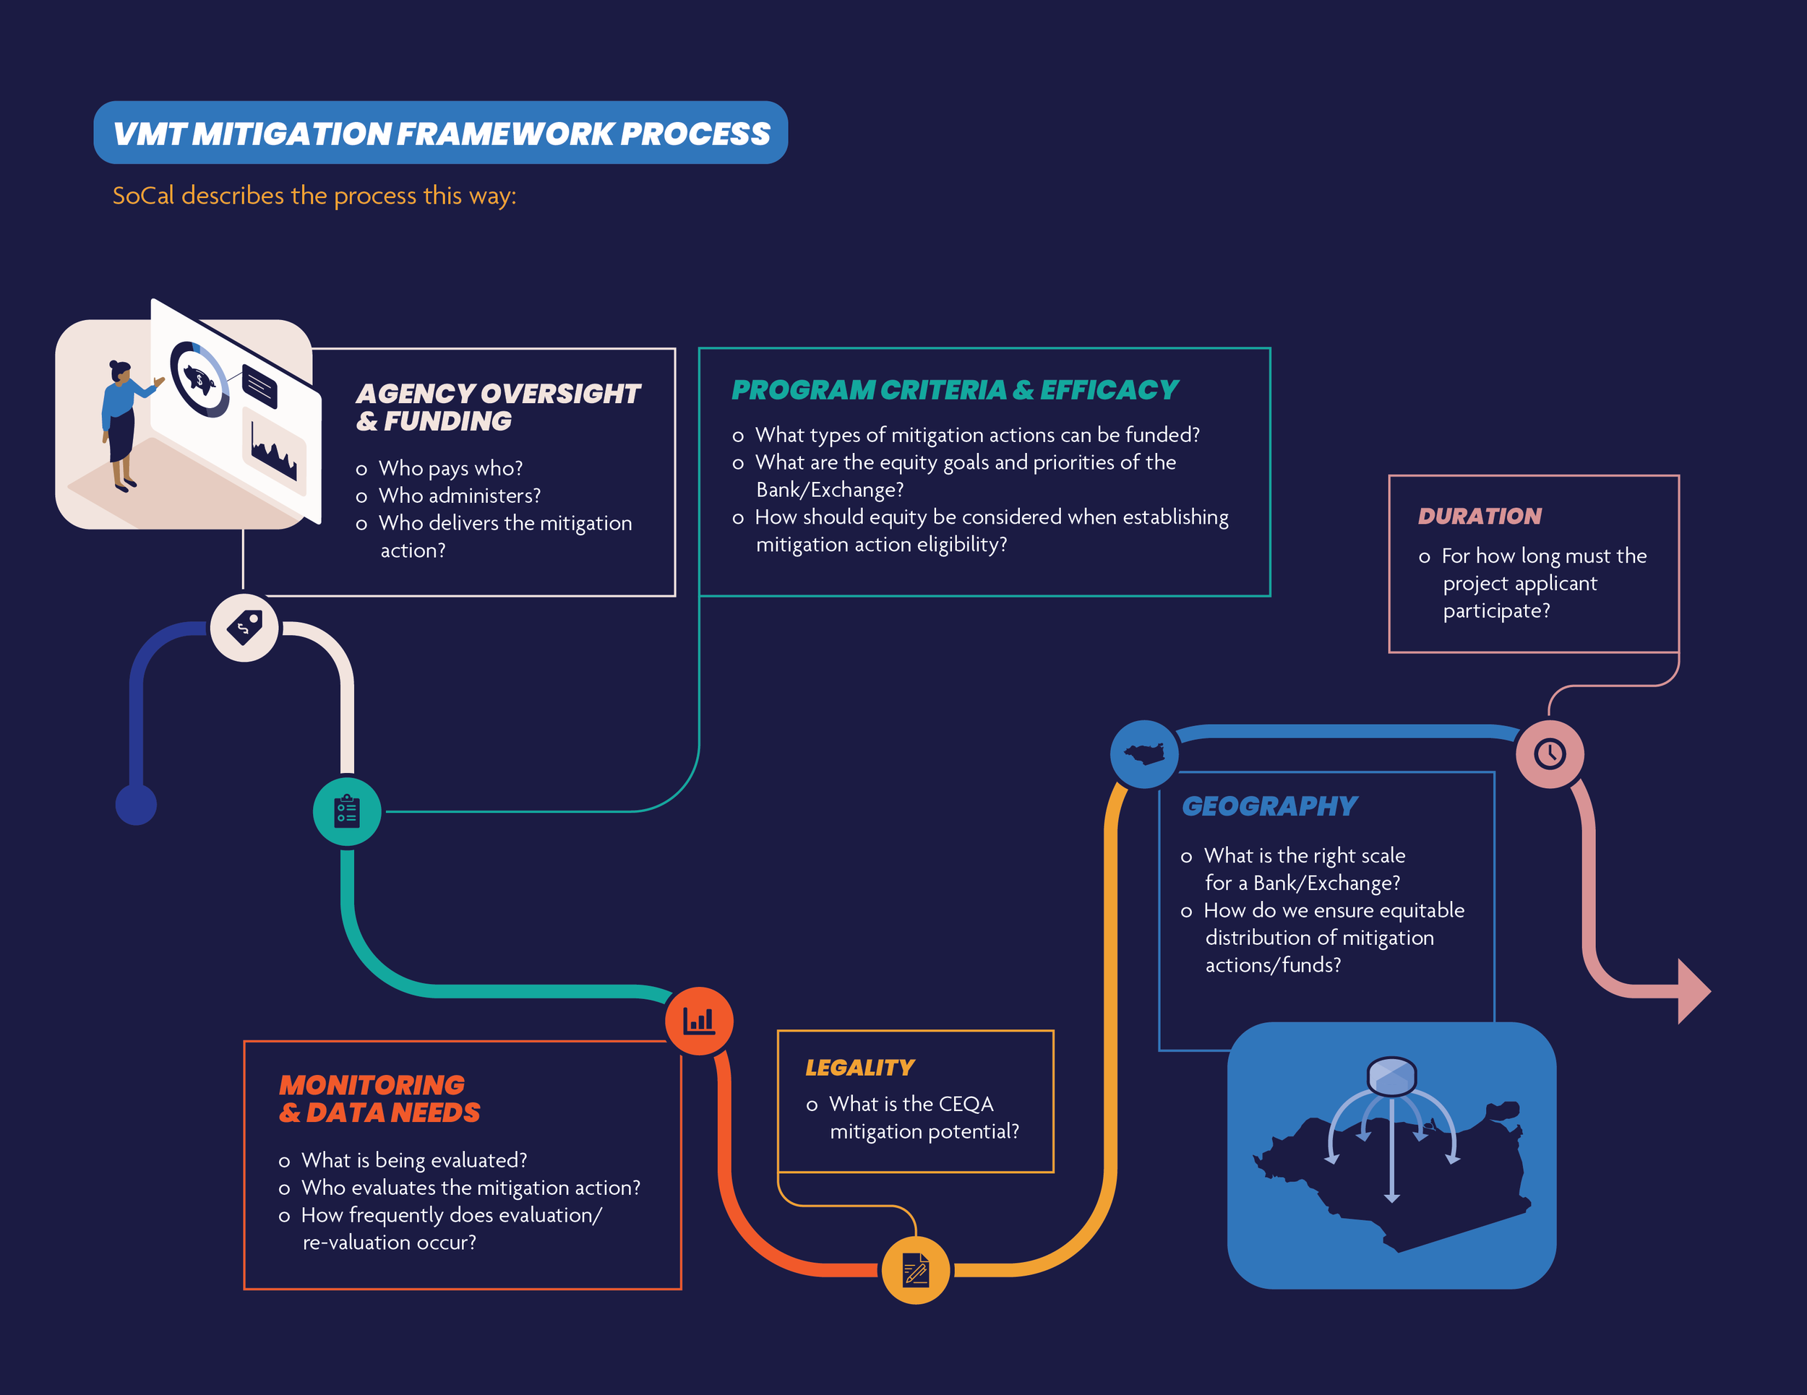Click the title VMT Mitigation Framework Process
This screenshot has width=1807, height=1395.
(x=441, y=133)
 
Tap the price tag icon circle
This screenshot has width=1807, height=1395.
(x=244, y=628)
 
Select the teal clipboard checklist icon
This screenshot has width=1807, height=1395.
(x=347, y=811)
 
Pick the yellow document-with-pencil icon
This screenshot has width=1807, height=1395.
(x=915, y=1270)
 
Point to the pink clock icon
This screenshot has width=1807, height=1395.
(x=1550, y=753)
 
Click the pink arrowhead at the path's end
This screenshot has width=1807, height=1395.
(x=1692, y=990)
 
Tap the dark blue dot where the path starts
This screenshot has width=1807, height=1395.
(x=136, y=805)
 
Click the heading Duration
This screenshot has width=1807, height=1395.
(x=1480, y=516)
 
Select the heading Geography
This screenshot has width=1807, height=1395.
(x=1269, y=806)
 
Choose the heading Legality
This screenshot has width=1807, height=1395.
(x=859, y=1068)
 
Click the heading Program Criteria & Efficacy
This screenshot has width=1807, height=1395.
(x=954, y=390)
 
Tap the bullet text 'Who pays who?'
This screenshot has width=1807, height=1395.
(x=450, y=468)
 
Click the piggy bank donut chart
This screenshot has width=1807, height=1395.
(x=199, y=379)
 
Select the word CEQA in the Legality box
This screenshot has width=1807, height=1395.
(x=966, y=1104)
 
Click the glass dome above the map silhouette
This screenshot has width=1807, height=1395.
(x=1391, y=1075)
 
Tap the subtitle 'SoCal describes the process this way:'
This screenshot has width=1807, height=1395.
(x=314, y=196)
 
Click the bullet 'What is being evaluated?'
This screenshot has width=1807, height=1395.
(x=413, y=1160)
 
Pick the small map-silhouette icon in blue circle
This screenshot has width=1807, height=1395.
(x=1144, y=753)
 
